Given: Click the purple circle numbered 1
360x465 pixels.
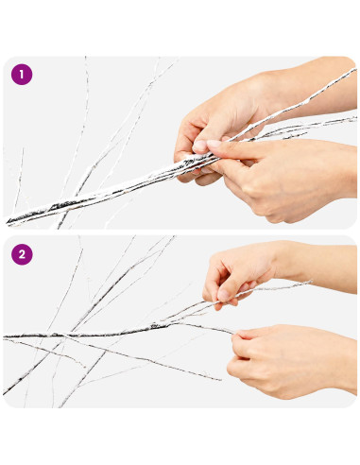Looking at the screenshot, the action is (22, 75).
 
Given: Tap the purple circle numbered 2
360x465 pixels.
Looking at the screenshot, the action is (22, 254).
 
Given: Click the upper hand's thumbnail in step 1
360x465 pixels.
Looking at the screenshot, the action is (200, 146).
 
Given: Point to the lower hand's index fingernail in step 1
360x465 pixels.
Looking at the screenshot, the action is (214, 144).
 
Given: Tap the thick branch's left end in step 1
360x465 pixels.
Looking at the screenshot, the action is (8, 222).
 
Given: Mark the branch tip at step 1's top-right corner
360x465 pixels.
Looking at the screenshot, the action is (355, 69).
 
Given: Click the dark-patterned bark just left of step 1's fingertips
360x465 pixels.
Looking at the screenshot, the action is (188, 163).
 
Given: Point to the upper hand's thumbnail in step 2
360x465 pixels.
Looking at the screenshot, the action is (223, 295).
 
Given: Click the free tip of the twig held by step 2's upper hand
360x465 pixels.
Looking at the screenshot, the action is (311, 281).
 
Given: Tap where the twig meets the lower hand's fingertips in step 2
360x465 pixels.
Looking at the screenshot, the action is (234, 333).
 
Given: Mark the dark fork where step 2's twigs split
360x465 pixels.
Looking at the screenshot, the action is (157, 326).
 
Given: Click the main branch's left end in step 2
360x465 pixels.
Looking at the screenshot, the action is (5, 337).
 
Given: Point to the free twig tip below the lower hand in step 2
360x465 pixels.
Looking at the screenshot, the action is (219, 380).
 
